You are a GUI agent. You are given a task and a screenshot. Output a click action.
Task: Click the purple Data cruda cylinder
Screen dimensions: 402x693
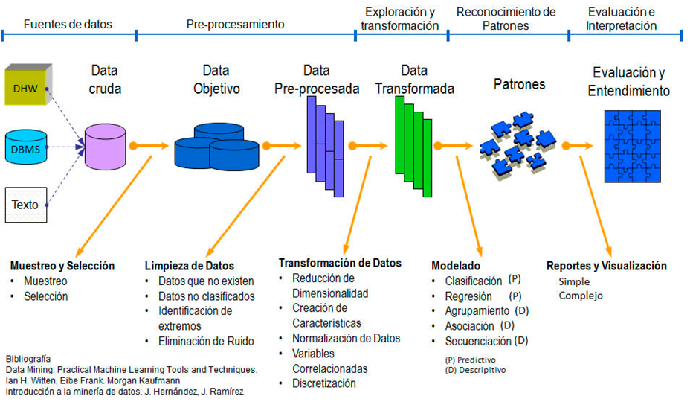click(105, 146)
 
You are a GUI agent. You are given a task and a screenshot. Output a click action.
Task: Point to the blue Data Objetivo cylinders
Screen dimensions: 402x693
click(216, 145)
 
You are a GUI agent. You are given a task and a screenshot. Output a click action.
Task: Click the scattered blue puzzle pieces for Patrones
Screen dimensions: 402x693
click(516, 139)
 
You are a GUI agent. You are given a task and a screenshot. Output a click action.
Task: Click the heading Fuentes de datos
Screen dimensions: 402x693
click(68, 24)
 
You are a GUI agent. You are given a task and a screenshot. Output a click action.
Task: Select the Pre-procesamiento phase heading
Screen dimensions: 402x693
click(235, 24)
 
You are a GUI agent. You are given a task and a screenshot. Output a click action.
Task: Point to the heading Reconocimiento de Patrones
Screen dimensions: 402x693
click(506, 18)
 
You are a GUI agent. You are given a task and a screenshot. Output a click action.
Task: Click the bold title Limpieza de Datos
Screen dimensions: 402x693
click(189, 266)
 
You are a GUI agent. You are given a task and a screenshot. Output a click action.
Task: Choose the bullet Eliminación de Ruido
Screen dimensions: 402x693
click(206, 342)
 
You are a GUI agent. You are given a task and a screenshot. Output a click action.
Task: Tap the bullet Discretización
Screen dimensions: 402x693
click(324, 383)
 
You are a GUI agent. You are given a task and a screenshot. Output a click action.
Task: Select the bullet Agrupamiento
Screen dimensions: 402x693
click(477, 311)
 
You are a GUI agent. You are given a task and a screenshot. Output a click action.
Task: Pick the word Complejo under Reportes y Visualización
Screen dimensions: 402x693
click(581, 296)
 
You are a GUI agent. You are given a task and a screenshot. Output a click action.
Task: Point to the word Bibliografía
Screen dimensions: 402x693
click(29, 358)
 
